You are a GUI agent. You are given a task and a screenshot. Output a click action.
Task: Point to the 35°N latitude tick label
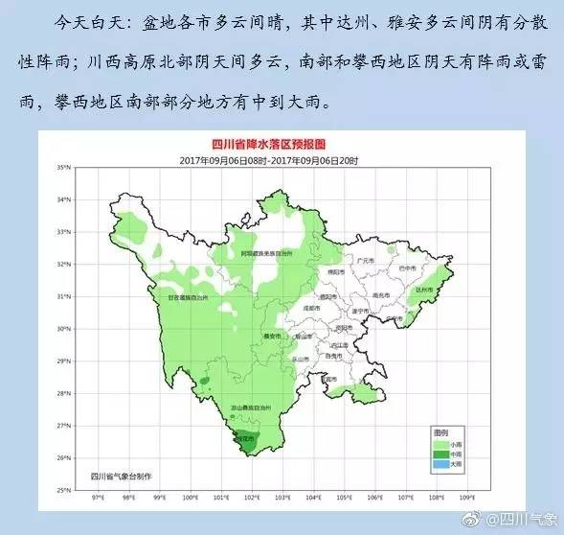tap(64, 168)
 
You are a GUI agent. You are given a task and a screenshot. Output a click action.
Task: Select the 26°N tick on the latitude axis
tap(64, 458)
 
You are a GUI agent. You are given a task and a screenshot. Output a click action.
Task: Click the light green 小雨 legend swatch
tap(440, 444)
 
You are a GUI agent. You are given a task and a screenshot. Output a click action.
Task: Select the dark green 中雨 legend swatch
tap(440, 454)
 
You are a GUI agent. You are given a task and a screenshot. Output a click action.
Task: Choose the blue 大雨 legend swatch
tap(440, 464)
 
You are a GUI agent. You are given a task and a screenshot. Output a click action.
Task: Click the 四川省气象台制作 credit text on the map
tap(123, 476)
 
